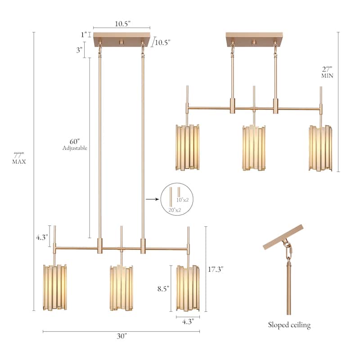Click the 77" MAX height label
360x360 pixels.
pos(19,157)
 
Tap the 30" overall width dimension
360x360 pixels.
pos(121,336)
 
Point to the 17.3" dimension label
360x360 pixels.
pos(216,269)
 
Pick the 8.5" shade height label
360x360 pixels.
pos(163,289)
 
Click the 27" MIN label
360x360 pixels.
pos(327,72)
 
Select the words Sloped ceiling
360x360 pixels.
pos(289,325)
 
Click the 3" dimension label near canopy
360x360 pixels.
pos(79,49)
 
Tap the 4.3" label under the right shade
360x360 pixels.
pos(188,322)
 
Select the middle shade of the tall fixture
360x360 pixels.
pos(121,288)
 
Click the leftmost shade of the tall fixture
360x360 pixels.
pos(55,287)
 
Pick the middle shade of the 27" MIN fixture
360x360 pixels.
pos(254,148)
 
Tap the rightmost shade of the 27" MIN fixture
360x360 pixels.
pos(320,148)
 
